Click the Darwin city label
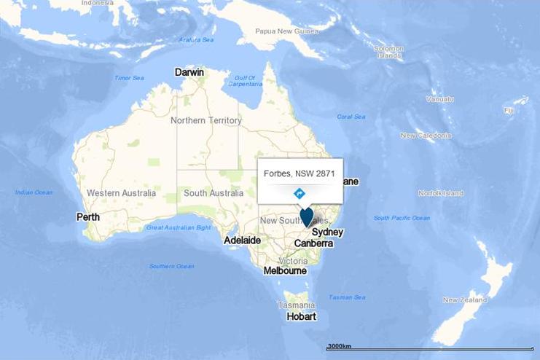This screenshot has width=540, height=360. [189, 72]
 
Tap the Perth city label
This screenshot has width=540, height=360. [88, 217]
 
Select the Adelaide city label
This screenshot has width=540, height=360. [243, 240]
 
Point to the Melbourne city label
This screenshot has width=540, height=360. [285, 270]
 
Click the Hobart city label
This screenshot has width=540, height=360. [301, 316]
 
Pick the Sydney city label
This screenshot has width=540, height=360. [327, 232]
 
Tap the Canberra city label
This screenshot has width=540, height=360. [314, 243]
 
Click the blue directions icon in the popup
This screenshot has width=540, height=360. [299, 193]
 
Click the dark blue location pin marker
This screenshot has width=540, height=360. [307, 216]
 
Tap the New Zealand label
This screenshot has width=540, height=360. [464, 300]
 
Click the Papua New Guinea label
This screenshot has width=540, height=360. [287, 31]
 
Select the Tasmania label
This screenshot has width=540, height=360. [296, 305]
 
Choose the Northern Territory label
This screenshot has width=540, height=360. [206, 120]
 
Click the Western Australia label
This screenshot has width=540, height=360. [121, 193]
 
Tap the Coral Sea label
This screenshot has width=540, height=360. [351, 117]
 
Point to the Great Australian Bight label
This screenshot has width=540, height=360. [179, 227]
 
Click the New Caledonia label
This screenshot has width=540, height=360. [426, 136]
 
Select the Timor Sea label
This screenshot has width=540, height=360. [129, 78]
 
